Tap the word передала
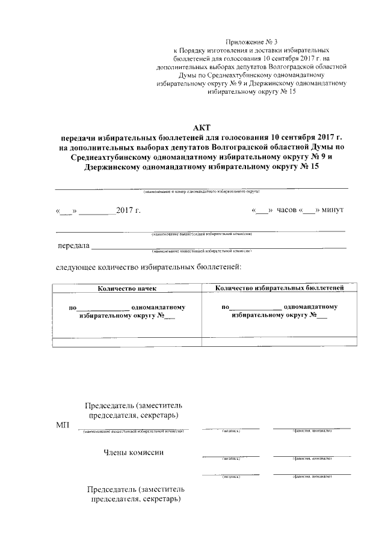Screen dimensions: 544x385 tap(73, 245)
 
